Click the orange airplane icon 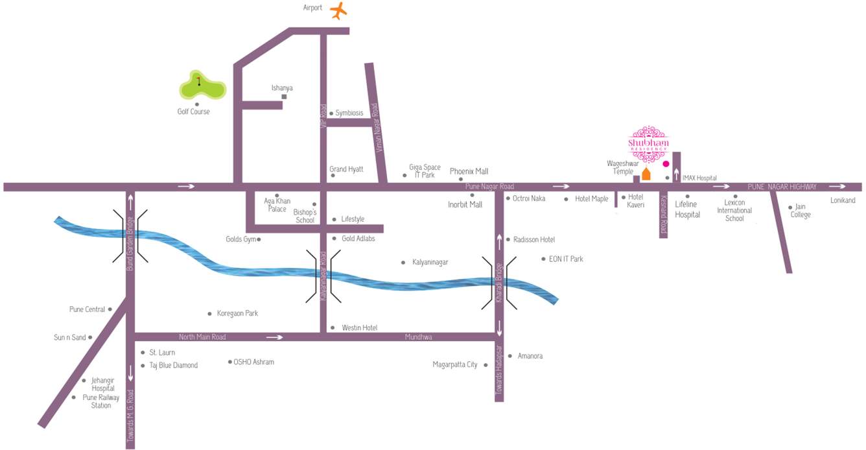(338, 11)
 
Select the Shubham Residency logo (648, 139)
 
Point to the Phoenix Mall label (469, 171)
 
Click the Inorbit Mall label (465, 205)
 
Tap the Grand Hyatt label (346, 169)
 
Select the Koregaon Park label (237, 313)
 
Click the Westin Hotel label (359, 328)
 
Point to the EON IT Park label (566, 259)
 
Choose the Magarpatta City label (454, 364)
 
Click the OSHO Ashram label (253, 362)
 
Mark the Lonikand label (843, 200)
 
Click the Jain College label (801, 211)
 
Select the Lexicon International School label (734, 211)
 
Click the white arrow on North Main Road (275, 337)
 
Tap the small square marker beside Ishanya (284, 97)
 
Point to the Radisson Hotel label (534, 239)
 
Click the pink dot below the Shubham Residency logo (666, 164)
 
